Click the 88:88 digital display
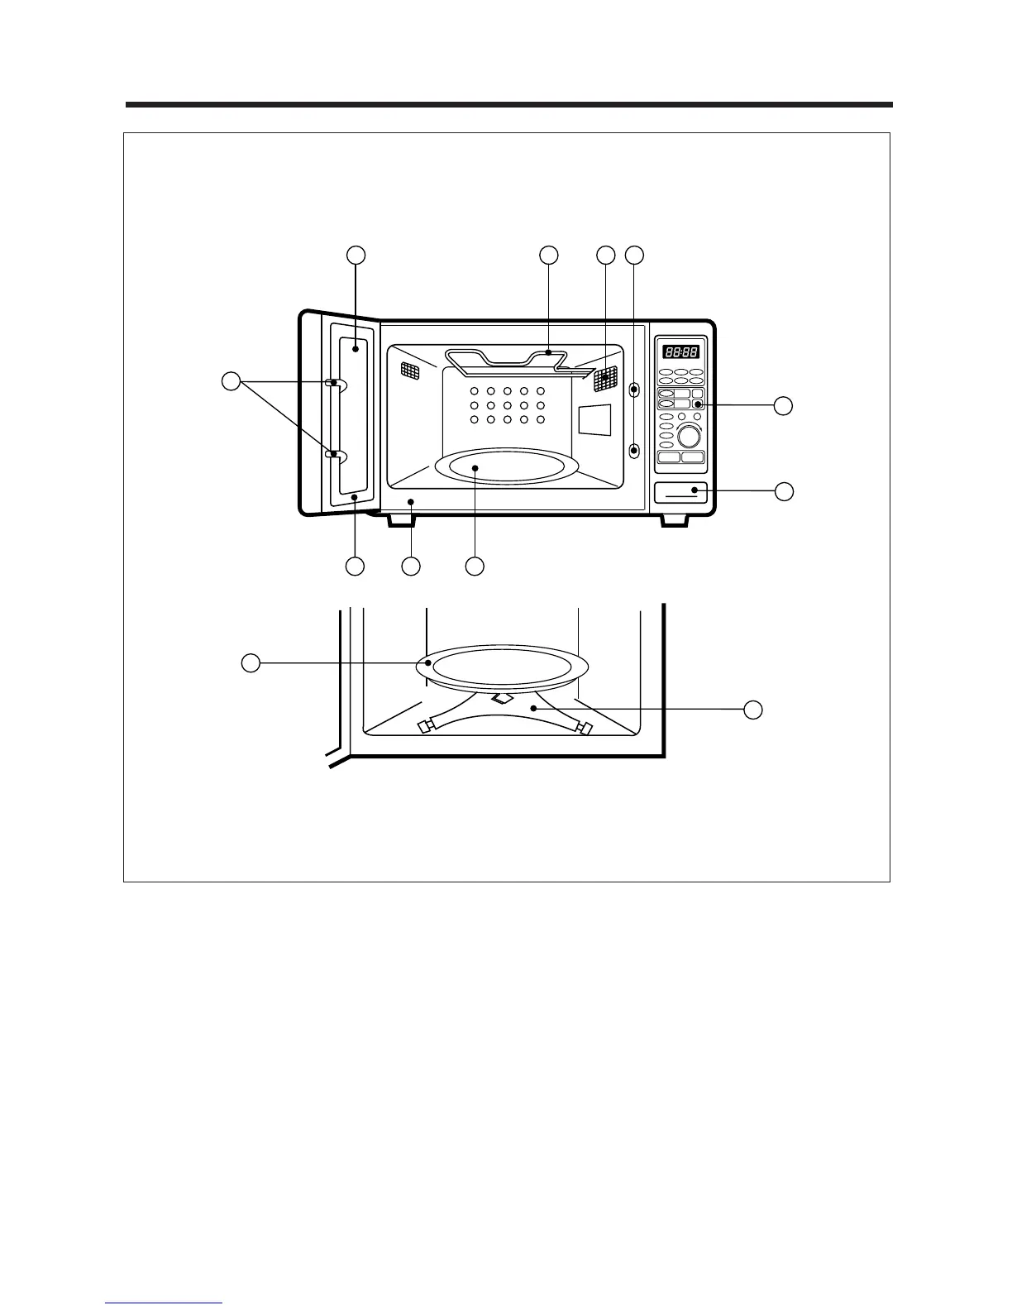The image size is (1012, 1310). coord(675,351)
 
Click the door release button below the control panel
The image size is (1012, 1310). coord(680,492)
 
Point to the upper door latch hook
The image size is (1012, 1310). coord(332,383)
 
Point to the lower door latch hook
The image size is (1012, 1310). coord(332,455)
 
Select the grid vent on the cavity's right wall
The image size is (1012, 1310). coord(606,379)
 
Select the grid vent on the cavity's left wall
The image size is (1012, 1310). coord(410,369)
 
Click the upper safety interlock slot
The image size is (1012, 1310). coord(634,389)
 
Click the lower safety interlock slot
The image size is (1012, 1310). coord(634,451)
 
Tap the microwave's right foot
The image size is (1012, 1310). coord(673,519)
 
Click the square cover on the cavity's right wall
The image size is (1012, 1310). coord(593,420)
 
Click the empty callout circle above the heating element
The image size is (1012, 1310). coord(548,256)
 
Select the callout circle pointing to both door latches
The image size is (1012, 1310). coord(232,381)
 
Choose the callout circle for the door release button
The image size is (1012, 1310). coord(783,491)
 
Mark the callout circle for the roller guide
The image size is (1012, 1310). coord(752,710)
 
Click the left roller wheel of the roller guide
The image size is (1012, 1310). coord(427,727)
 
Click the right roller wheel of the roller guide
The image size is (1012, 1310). coord(585,728)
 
